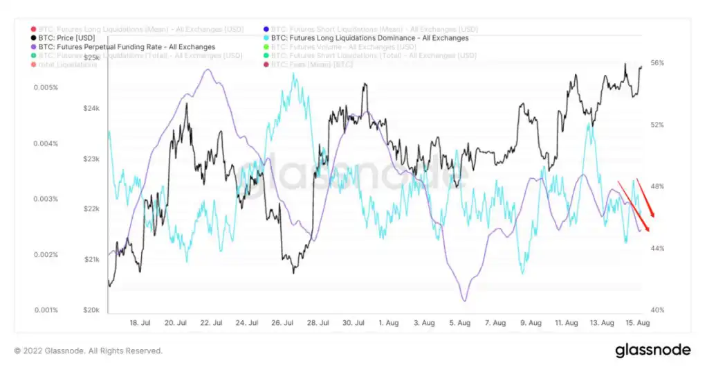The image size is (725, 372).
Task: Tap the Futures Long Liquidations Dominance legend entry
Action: tap(370, 38)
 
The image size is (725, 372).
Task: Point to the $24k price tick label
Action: tap(91, 109)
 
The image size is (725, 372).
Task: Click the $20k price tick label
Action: tap(91, 310)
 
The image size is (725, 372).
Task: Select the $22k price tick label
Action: tap(91, 209)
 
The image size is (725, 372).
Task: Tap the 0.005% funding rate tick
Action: tap(47, 88)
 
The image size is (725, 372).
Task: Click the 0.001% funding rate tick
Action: tap(47, 310)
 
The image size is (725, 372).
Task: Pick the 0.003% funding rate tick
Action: tap(47, 199)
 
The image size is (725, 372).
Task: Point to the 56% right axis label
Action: tap(657, 63)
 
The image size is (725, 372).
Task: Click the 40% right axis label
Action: tap(657, 310)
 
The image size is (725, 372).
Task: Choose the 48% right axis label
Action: tap(657, 186)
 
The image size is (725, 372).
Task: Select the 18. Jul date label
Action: tap(140, 323)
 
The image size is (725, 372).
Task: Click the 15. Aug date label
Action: tap(637, 323)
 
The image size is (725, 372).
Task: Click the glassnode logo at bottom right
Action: tap(652, 351)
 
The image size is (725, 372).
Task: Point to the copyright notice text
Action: tap(88, 351)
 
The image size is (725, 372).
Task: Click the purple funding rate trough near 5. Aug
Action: tap(464, 300)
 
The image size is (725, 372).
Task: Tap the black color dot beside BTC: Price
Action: tap(35, 38)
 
